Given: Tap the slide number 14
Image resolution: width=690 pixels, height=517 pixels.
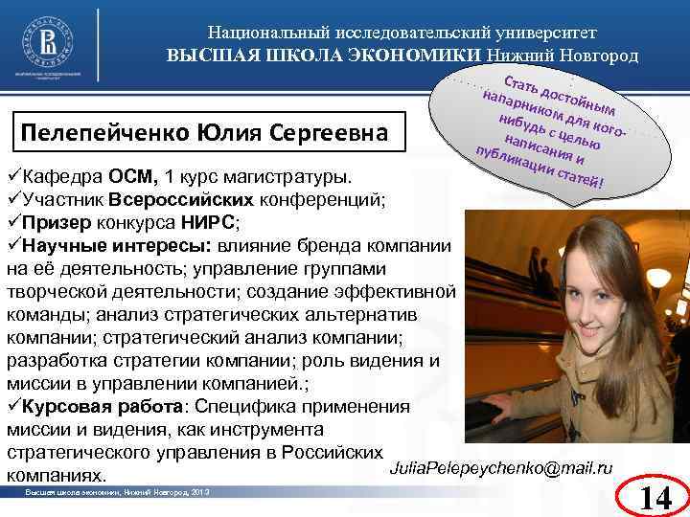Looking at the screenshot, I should coord(655,495).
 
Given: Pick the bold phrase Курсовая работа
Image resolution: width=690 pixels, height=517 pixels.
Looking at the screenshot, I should coord(89,407).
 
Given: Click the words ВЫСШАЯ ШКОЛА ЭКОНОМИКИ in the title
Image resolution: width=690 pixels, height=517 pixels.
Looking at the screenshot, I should coord(325,55).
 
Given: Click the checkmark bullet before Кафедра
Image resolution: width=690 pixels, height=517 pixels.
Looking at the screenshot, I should coord(12,178).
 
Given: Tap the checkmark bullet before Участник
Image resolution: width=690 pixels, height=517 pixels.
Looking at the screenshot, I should coord(12,200).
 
